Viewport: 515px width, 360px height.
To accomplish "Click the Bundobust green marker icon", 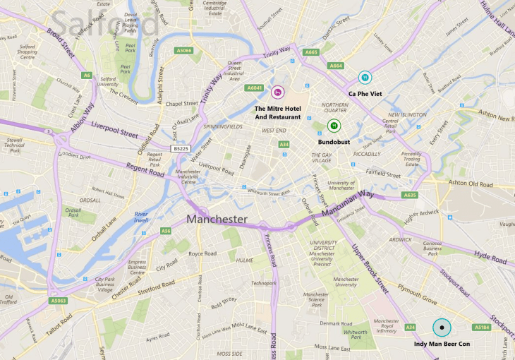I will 334,126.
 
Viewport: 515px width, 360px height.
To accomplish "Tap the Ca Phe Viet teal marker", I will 365,77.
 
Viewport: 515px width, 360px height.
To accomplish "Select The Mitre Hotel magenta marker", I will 278,91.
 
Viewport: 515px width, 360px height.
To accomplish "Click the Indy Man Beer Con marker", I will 442,328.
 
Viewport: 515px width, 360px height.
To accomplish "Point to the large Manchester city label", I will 217,220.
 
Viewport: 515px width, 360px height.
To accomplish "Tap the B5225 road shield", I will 181,149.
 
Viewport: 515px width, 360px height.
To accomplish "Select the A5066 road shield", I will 184,51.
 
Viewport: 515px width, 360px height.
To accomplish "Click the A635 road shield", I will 410,195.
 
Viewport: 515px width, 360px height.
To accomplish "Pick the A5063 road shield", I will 59,300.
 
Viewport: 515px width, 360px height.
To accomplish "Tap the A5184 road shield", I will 482,328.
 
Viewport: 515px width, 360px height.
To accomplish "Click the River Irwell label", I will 141,217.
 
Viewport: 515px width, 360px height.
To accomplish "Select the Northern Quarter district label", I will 335,109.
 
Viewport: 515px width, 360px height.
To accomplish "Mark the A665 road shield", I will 311,52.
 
